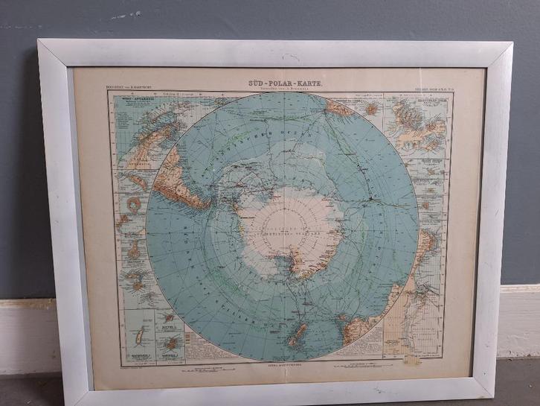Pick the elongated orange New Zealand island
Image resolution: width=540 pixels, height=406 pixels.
point(297,335)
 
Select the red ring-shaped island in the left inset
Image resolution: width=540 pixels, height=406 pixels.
point(135,204)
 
